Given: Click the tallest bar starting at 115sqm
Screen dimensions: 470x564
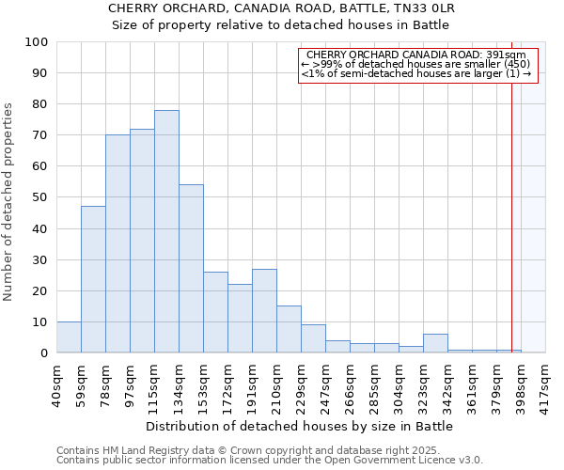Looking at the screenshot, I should (166, 231).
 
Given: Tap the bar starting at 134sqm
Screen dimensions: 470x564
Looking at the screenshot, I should (191, 268).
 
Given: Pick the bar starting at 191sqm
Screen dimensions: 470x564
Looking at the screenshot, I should (264, 310).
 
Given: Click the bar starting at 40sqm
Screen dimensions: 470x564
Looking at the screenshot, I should (69, 337).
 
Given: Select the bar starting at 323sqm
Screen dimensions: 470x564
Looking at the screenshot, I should (435, 343).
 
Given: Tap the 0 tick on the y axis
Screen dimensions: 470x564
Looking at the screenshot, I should (44, 352).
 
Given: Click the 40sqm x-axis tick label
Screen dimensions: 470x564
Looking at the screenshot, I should (57, 381).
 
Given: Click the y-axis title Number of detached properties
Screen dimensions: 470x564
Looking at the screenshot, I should (9, 202).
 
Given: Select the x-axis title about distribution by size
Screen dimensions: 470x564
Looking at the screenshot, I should (300, 426).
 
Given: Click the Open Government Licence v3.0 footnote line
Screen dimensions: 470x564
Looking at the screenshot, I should (270, 461).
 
